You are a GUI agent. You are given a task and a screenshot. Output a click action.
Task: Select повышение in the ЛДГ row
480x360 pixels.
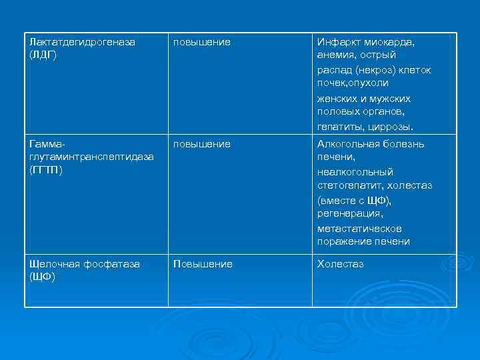[x=202, y=42]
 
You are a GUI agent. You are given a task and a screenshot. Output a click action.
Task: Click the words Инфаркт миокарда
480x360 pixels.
[x=365, y=42]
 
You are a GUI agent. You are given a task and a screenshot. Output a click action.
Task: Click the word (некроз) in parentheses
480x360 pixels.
[x=376, y=69]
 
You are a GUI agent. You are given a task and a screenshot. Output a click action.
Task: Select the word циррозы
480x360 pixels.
[x=391, y=126]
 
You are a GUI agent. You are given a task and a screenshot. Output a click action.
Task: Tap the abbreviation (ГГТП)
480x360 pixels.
[x=46, y=170]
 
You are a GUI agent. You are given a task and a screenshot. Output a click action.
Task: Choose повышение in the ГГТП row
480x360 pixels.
[x=202, y=144]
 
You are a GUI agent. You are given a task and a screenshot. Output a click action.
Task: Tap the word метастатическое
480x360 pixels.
[x=359, y=228]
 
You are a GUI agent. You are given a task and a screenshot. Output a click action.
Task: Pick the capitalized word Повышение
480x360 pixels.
[x=203, y=264]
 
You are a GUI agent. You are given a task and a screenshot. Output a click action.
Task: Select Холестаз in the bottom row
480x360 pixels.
[x=340, y=264]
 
